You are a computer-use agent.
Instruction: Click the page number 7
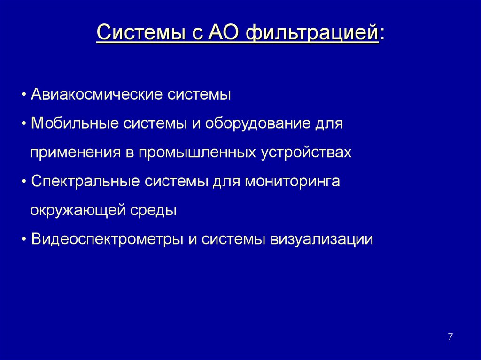point(450,337)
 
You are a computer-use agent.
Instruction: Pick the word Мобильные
point(75,124)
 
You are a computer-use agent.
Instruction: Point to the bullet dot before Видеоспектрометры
point(24,239)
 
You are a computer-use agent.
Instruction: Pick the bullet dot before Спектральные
point(24,182)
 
